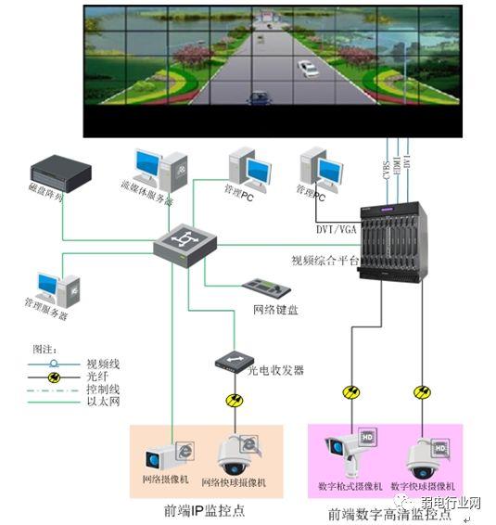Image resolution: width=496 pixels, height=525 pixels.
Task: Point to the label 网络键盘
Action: click(275, 310)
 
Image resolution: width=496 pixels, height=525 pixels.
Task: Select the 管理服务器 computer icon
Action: click(50, 289)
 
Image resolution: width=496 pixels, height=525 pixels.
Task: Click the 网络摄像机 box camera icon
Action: click(167, 456)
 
